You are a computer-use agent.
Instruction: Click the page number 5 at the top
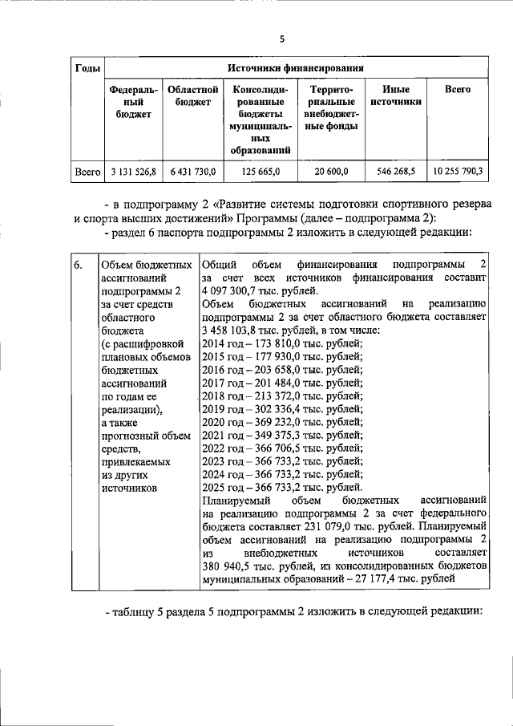(x=281, y=38)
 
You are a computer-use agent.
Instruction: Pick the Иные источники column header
(x=396, y=96)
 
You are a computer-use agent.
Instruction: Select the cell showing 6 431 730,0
(x=192, y=172)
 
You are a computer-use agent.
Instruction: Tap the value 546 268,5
(x=396, y=172)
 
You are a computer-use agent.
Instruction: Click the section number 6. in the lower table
(x=79, y=266)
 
